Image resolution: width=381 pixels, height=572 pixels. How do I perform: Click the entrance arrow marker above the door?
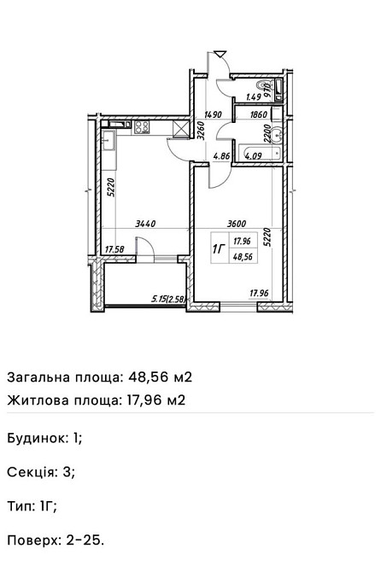219,57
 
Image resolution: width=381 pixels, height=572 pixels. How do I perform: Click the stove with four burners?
141,129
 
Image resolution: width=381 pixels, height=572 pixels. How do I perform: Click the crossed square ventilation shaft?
181,129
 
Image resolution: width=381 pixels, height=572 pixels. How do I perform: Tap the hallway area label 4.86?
221,156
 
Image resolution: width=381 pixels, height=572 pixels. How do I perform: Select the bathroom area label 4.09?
252,156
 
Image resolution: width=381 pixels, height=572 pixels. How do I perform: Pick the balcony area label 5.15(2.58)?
167,299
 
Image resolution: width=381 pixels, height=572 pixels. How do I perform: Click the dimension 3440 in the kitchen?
148,224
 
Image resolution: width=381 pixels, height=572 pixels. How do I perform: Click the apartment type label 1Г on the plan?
218,248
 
